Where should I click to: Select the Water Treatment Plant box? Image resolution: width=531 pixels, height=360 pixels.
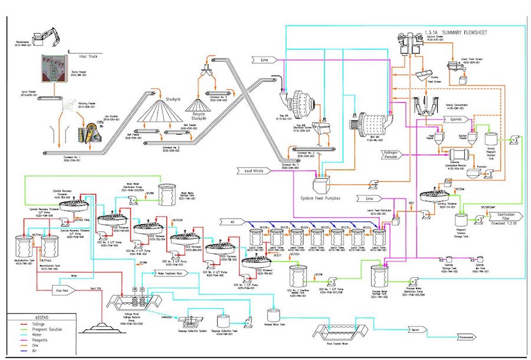coord(173,273)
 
